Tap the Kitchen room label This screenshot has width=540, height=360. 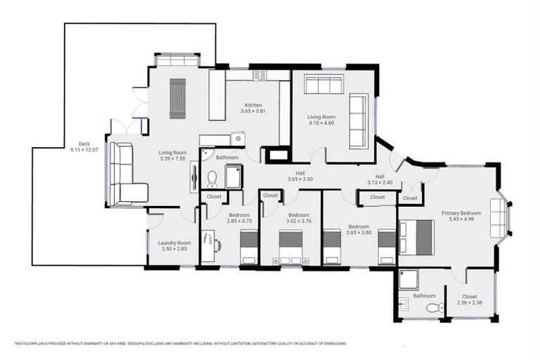pyautogui.click(x=253, y=105)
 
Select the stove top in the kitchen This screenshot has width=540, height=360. pyautogui.click(x=259, y=75)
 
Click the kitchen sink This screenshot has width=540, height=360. pyautogui.click(x=238, y=139)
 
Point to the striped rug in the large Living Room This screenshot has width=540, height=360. pyautogui.click(x=178, y=98)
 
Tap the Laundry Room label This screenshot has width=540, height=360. pyautogui.click(x=174, y=243)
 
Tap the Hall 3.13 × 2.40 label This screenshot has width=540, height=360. pyautogui.click(x=380, y=179)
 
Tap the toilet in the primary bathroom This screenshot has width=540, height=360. pyautogui.click(x=432, y=307)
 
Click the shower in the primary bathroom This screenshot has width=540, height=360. pyautogui.click(x=409, y=281)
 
